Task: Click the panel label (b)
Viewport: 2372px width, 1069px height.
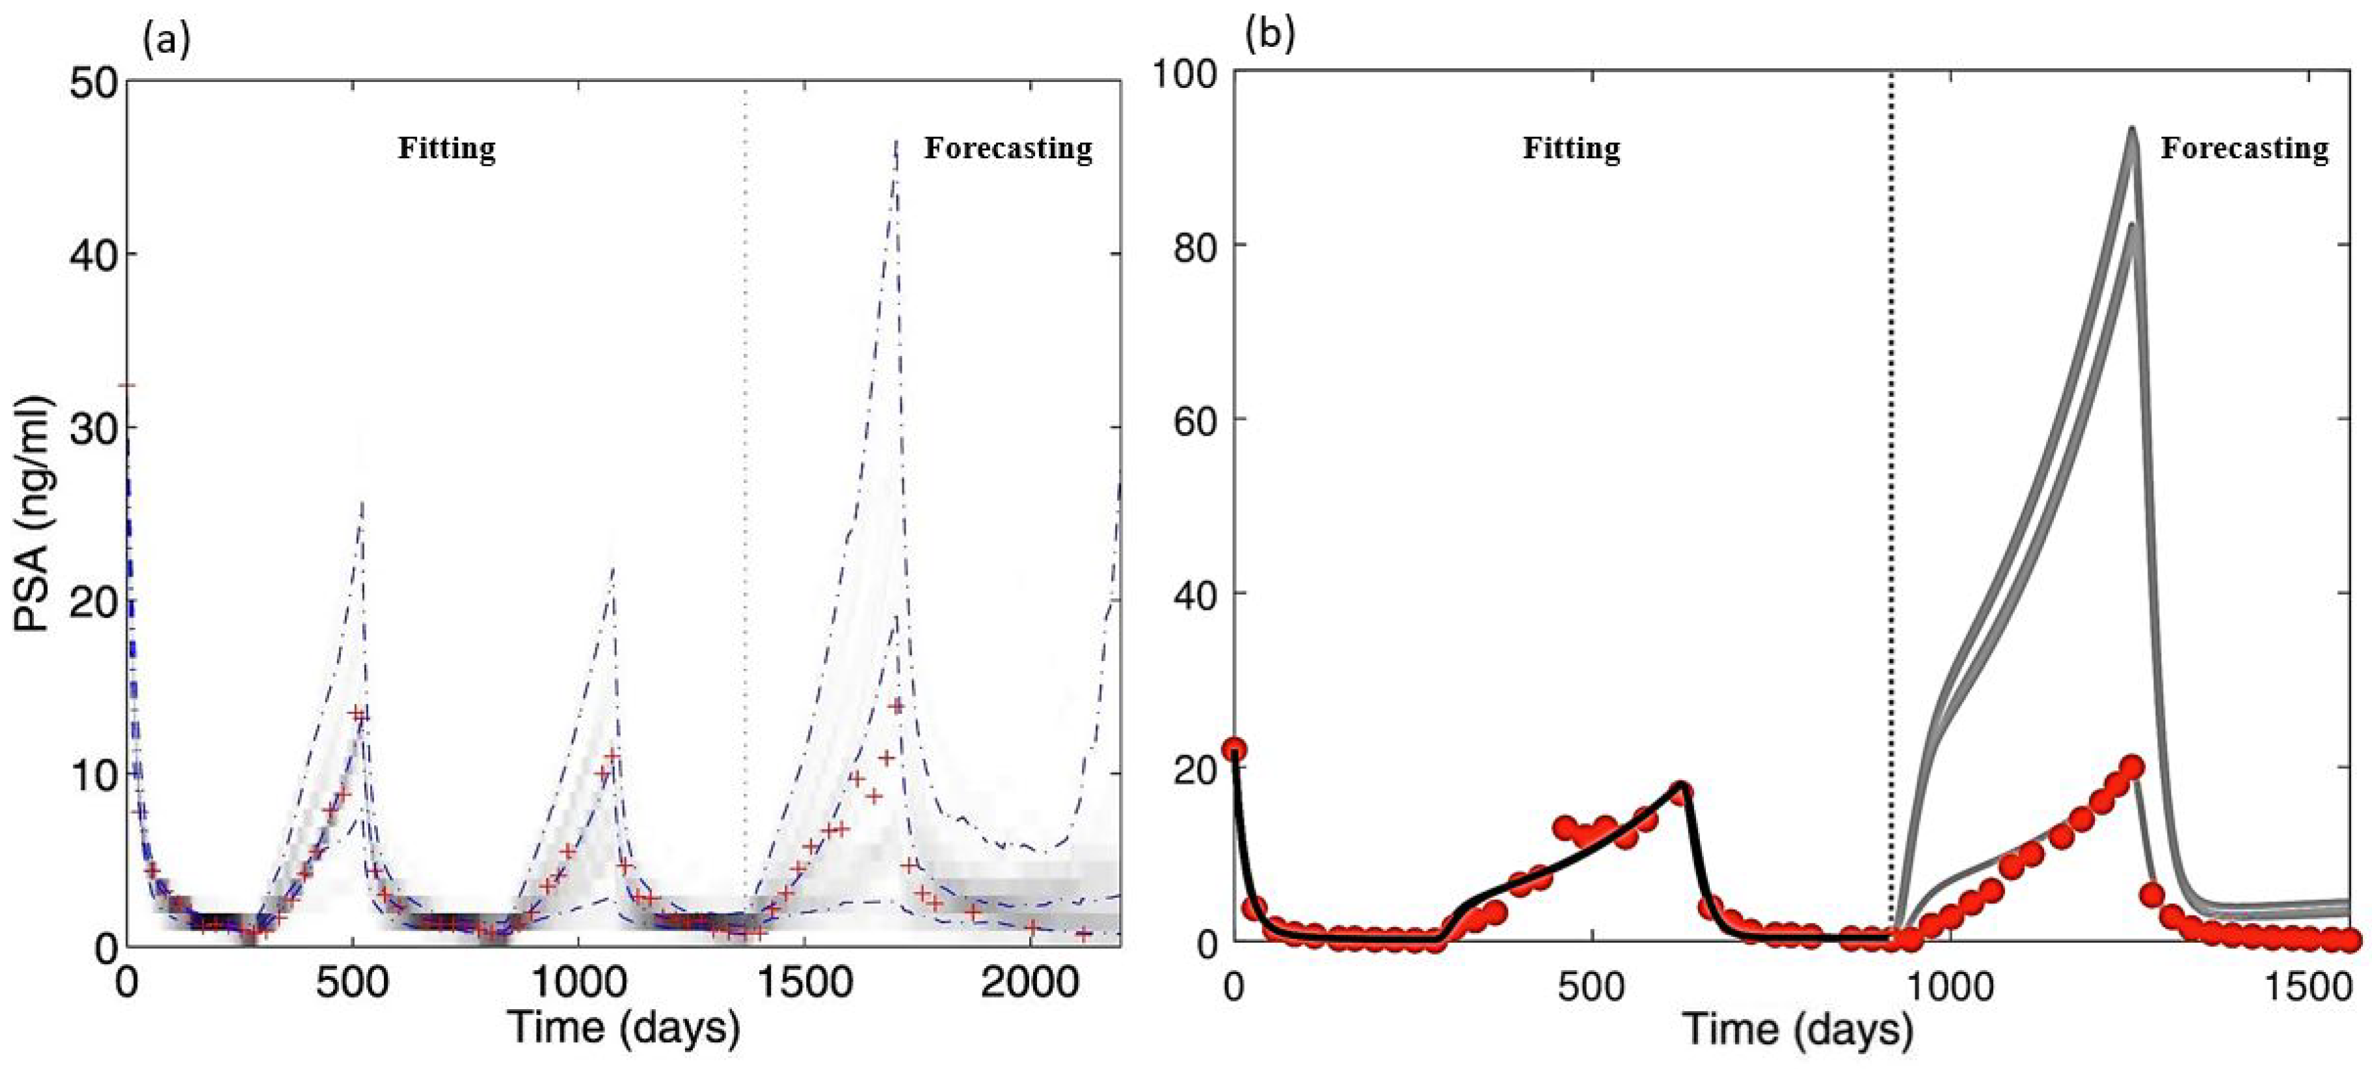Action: pyautogui.click(x=1270, y=34)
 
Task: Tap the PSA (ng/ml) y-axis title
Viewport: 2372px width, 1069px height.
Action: pyautogui.click(x=34, y=515)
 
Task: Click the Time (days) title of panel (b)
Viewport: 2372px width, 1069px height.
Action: pyautogui.click(x=1798, y=1027)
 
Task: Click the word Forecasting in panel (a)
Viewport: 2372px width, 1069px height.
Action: pyautogui.click(x=1008, y=148)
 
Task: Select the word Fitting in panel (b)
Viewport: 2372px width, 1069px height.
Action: pyautogui.click(x=1571, y=148)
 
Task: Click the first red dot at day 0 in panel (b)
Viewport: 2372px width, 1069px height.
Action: pyautogui.click(x=1234, y=750)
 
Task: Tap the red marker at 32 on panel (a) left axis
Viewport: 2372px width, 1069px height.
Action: pyautogui.click(x=130, y=386)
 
